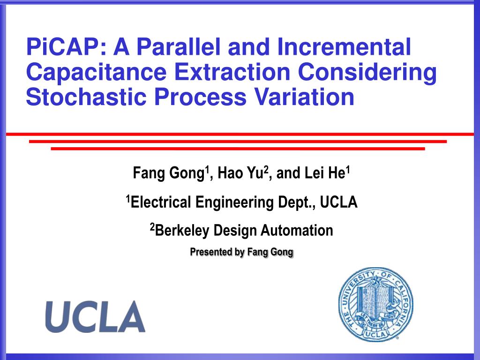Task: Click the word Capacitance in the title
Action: pos(97,72)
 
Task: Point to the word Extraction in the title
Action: pos(232,72)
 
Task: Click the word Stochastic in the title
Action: pos(86,97)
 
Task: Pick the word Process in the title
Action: pos(200,97)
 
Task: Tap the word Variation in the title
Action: pos(304,97)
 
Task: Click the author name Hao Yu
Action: pos(240,173)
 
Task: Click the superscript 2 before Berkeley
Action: pos(152,227)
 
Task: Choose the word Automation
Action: pos(297,231)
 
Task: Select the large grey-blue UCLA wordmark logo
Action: pos(95,316)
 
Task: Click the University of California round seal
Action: pos(375,304)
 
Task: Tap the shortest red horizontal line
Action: pos(238,149)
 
